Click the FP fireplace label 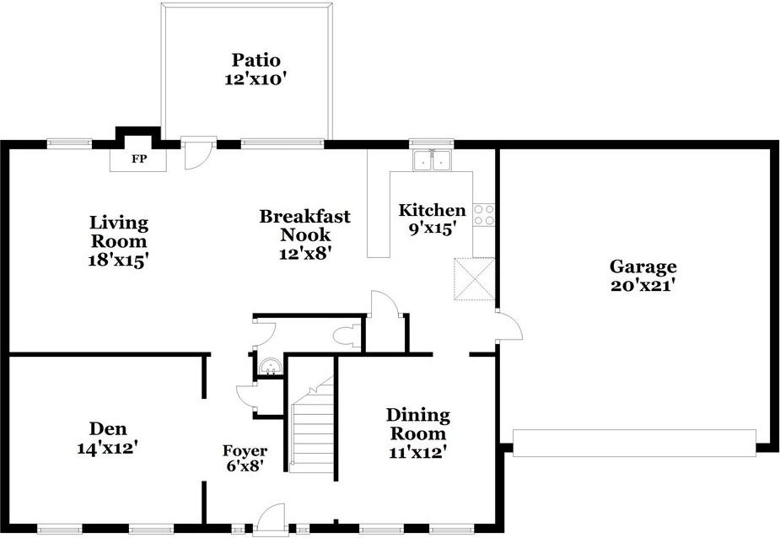[139, 159]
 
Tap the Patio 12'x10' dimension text [256, 79]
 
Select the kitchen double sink [432, 160]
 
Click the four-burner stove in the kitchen [483, 215]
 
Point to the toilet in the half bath [347, 335]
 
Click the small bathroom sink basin [271, 368]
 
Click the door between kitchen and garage [508, 326]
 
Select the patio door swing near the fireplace [198, 155]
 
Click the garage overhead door [634, 443]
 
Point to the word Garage [643, 266]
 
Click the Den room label [107, 428]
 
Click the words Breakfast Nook [305, 225]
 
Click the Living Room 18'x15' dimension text [118, 260]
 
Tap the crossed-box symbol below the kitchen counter [474, 279]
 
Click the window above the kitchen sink [431, 144]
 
